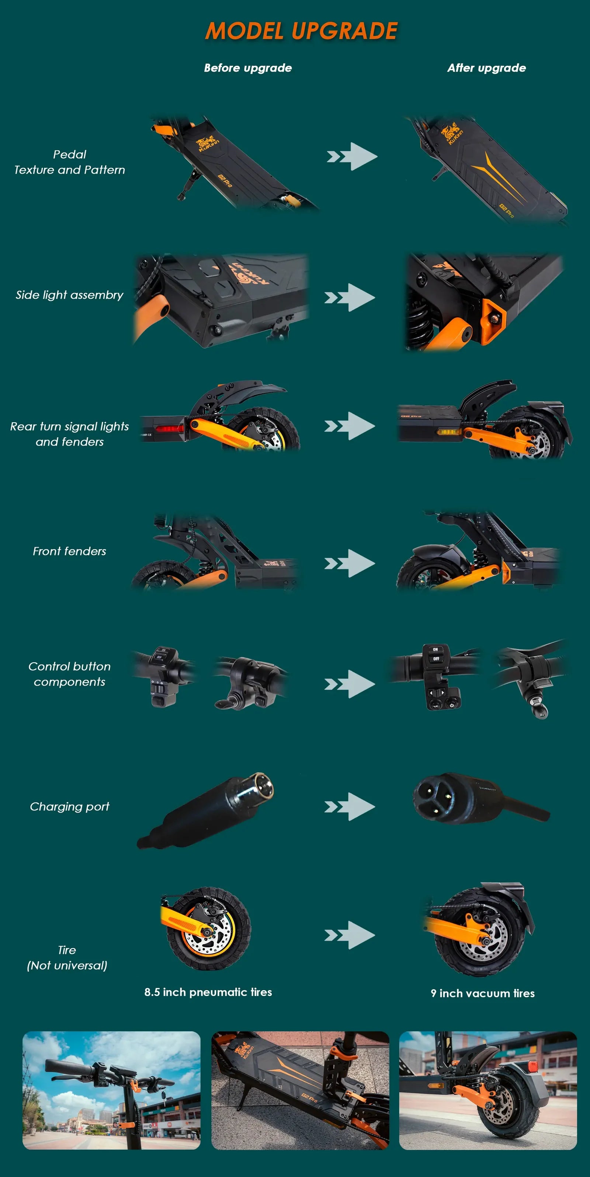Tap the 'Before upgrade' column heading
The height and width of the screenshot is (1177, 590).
click(x=248, y=68)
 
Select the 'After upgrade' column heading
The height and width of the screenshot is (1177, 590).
click(x=486, y=68)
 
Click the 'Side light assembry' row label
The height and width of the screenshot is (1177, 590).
click(x=69, y=295)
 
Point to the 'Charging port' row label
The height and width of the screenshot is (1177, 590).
click(x=69, y=806)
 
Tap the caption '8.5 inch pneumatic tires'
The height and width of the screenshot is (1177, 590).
click(x=208, y=992)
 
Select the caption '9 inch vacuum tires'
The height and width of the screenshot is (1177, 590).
click(x=482, y=993)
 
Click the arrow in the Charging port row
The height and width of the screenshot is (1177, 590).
click(x=350, y=807)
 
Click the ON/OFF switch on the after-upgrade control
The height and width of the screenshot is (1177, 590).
click(x=436, y=654)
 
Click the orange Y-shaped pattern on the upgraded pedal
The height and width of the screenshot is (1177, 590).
click(x=496, y=176)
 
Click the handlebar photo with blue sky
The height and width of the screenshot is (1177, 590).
click(x=111, y=1090)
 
